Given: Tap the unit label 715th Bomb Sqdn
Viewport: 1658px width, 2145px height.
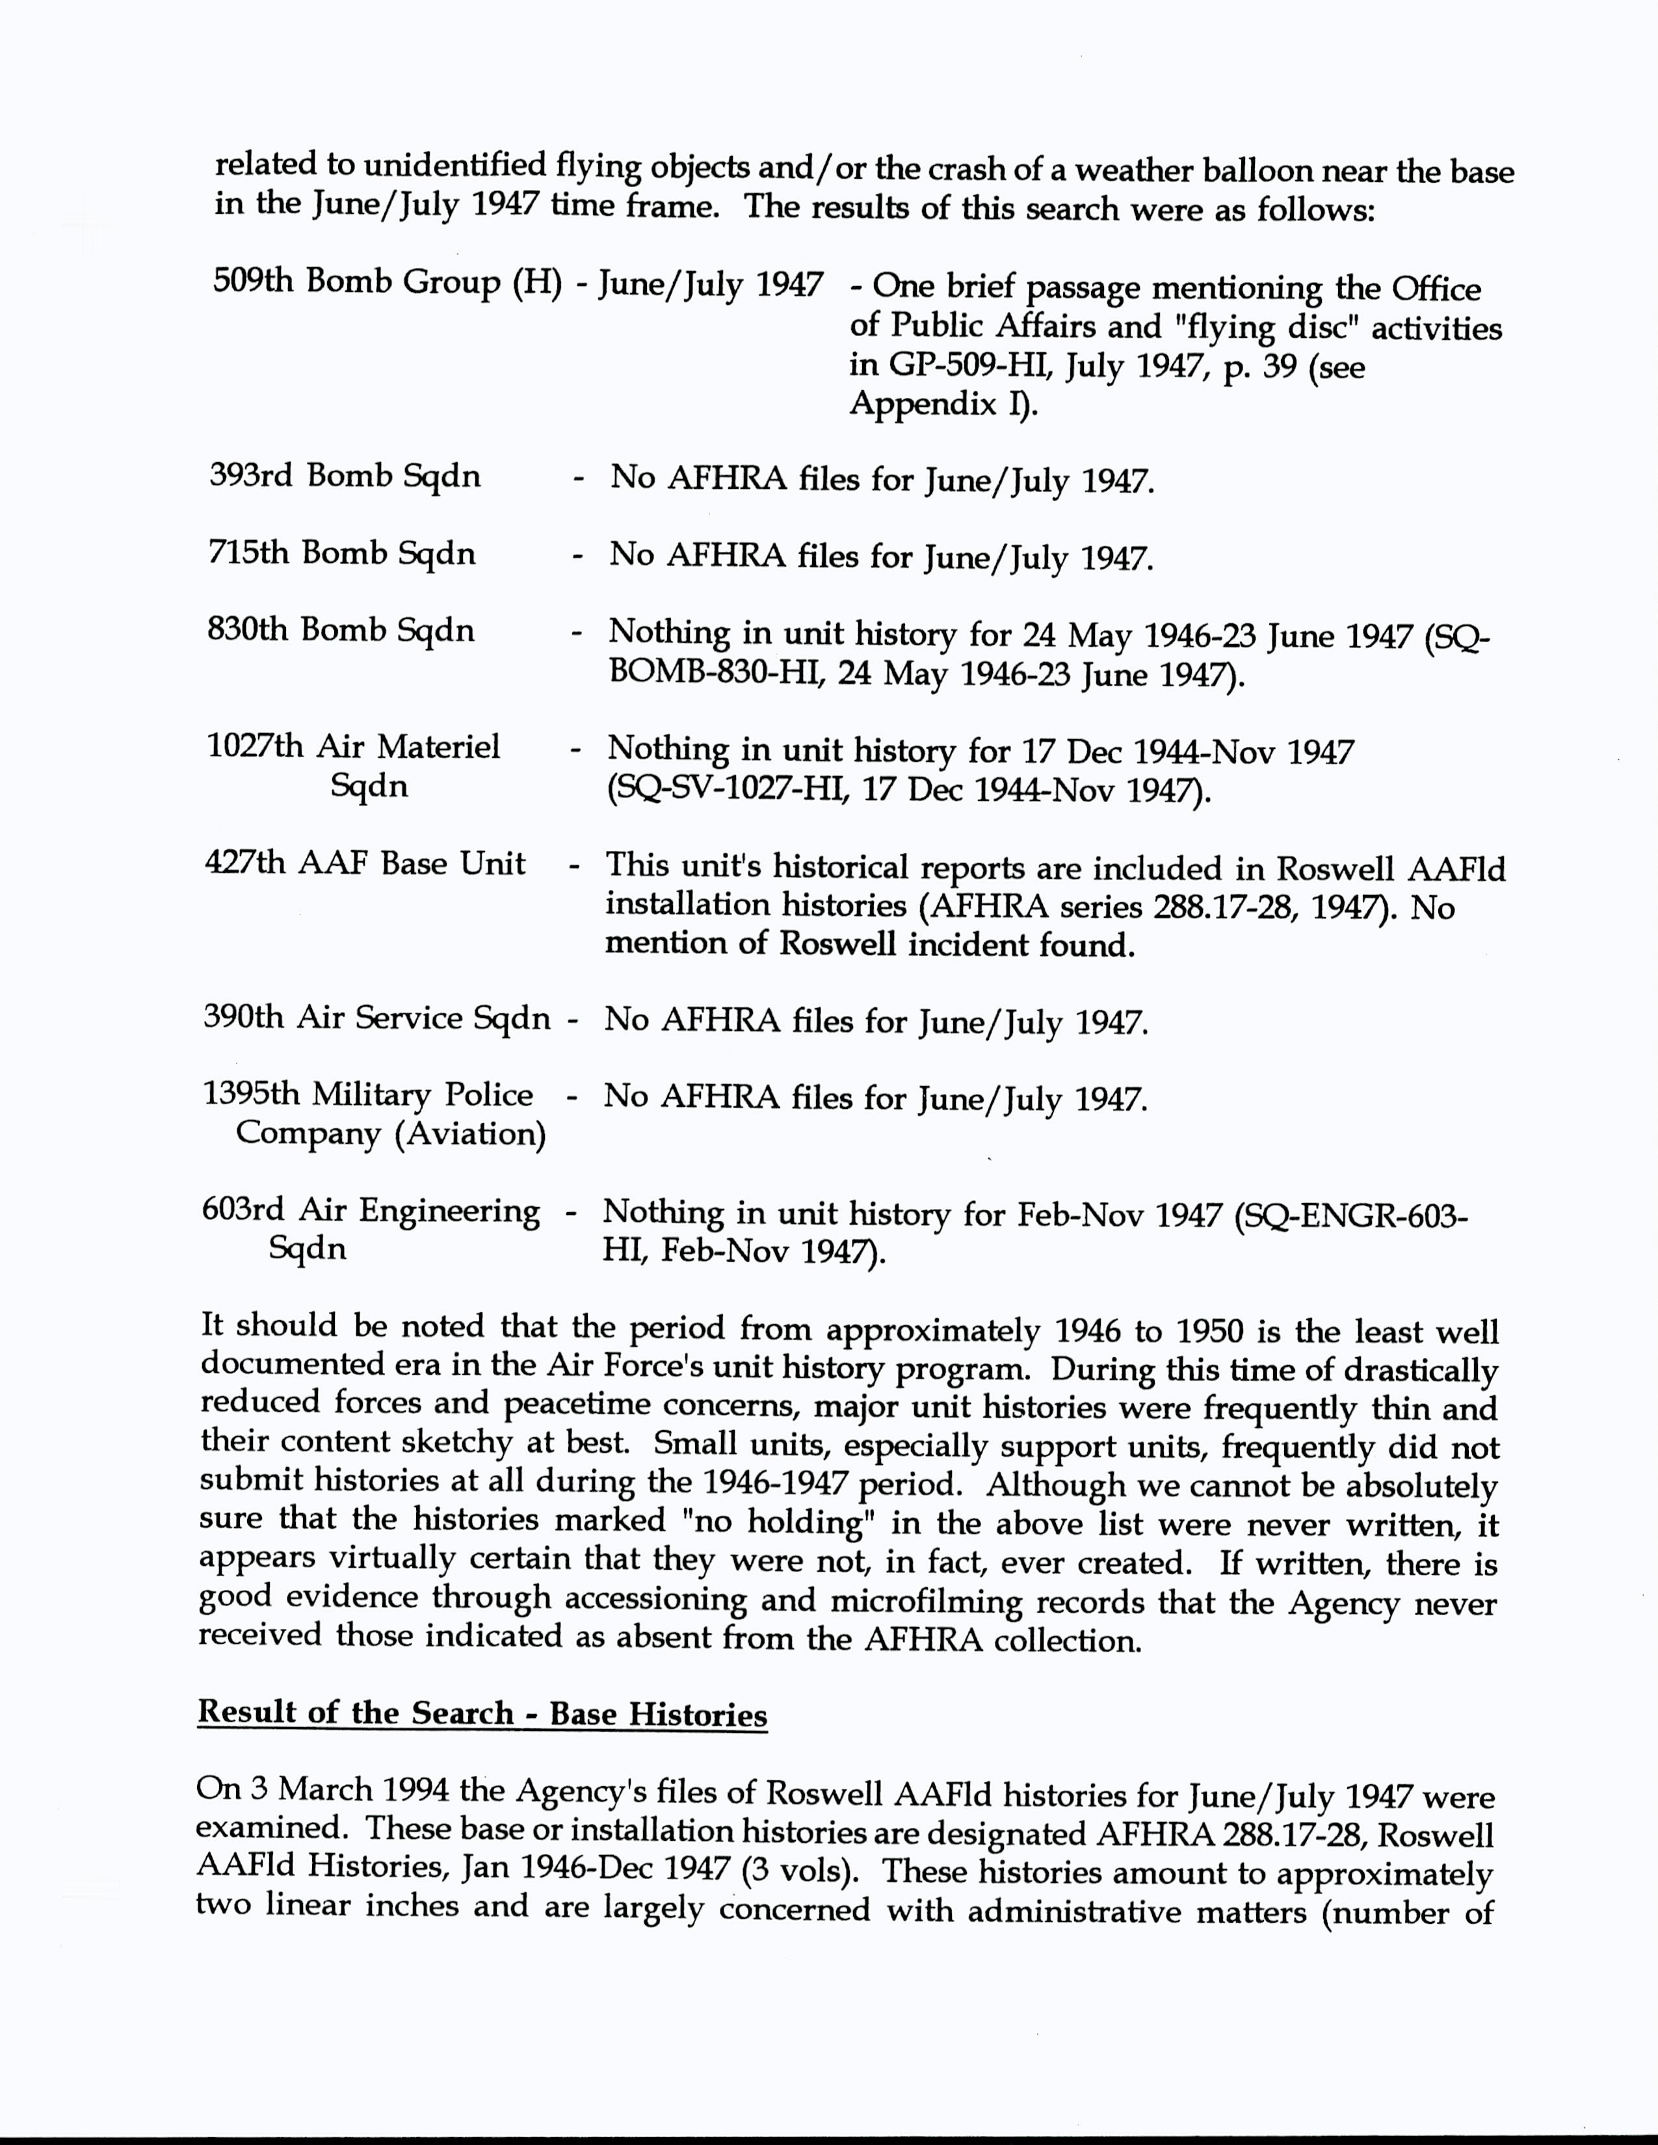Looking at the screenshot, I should coord(342,554).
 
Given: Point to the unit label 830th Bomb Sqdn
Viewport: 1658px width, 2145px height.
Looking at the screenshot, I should coord(341,630).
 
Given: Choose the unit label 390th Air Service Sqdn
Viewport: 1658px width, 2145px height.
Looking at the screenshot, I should coord(377,1017).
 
